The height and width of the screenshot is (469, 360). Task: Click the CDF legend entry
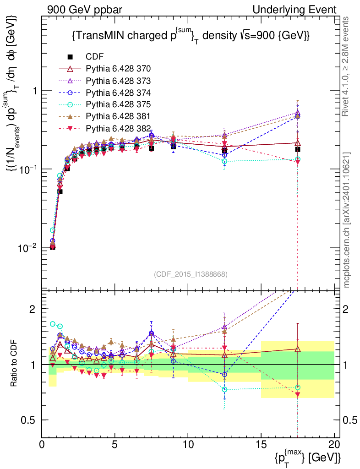[x=94, y=57]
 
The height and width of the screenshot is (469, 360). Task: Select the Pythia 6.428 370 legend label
[x=118, y=69]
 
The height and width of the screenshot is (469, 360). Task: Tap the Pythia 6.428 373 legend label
[x=118, y=81]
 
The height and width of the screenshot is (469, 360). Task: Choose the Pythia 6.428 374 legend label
[x=118, y=93]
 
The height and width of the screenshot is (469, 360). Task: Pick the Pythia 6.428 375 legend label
[x=118, y=104]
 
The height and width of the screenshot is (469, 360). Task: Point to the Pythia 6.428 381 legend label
[x=118, y=116]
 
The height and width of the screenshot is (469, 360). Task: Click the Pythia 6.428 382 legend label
[x=118, y=128]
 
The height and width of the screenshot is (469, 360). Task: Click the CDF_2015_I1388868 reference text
[x=190, y=274]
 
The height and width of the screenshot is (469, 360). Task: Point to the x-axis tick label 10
[x=188, y=445]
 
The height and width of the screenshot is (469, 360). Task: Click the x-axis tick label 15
[x=261, y=445]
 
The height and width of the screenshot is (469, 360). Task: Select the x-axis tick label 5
[x=115, y=445]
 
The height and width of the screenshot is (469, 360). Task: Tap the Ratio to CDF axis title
[x=15, y=364]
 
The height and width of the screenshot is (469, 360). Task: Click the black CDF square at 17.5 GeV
[x=298, y=149]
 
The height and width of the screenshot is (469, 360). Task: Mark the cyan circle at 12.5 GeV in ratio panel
[x=224, y=389]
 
